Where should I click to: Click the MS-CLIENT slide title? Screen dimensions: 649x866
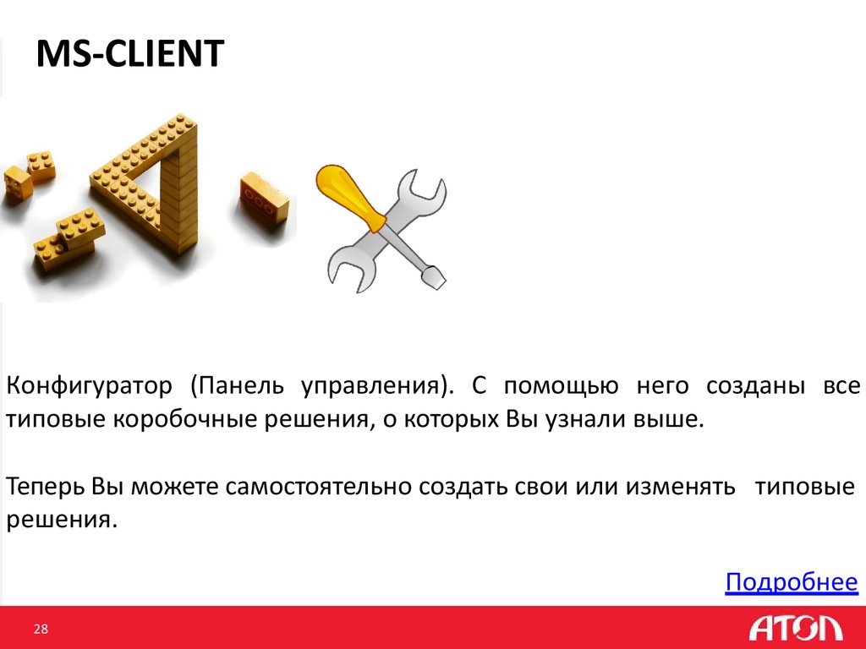pos(129,55)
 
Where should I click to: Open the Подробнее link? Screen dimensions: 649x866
pos(792,582)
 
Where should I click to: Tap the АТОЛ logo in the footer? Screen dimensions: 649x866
pos(795,628)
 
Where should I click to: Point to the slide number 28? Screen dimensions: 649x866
pos(41,629)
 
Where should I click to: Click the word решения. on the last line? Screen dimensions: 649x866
pos(59,520)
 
